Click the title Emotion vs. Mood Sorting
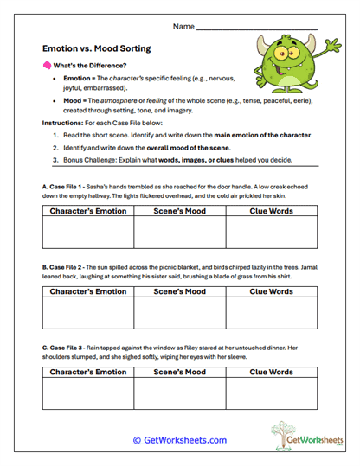pyautogui.click(x=96, y=49)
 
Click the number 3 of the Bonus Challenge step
pyautogui.click(x=55, y=159)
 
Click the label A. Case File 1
pyautogui.click(x=67, y=186)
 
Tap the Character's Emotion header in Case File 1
pyautogui.click(x=88, y=210)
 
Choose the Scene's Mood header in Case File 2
pyautogui.click(x=179, y=292)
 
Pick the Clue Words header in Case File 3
pyautogui.click(x=271, y=373)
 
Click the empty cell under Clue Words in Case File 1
pyautogui.click(x=271, y=233)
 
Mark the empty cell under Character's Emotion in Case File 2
pyautogui.click(x=88, y=313)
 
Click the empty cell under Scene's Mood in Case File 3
pyautogui.click(x=179, y=393)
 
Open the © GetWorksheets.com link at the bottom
pyautogui.click(x=180, y=440)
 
